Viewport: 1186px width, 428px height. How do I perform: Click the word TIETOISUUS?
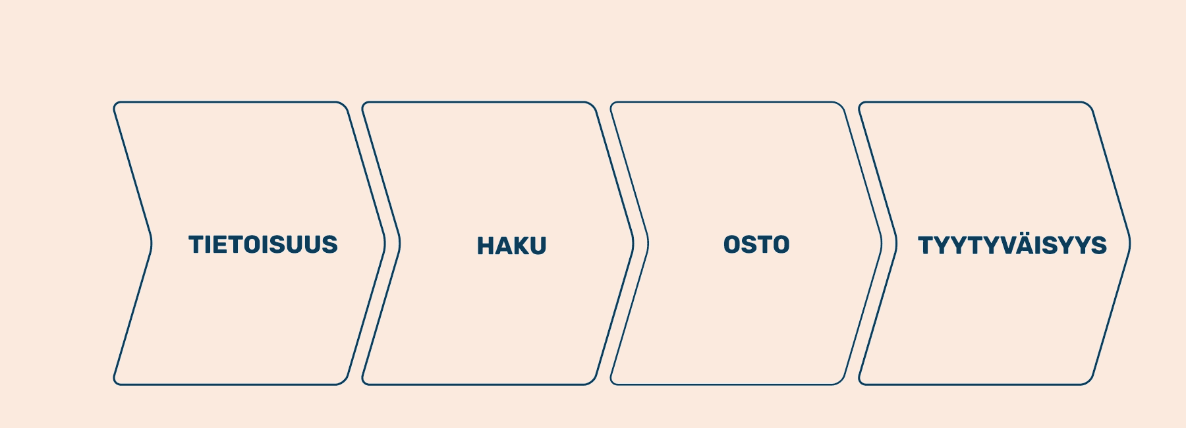[x=263, y=244]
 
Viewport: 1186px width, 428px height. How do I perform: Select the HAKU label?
[x=512, y=246]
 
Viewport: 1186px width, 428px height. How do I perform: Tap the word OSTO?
[x=756, y=244]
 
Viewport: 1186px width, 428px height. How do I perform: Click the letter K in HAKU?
[x=521, y=246]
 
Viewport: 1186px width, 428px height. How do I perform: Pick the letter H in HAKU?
[x=486, y=246]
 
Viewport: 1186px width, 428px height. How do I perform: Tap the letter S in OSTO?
[x=749, y=244]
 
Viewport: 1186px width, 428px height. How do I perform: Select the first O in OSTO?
[x=731, y=244]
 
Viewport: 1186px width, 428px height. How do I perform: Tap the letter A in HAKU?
[x=503, y=246]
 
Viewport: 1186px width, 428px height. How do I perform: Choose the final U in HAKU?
[x=538, y=246]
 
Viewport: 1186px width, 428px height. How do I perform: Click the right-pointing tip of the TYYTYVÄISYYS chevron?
[x=1131, y=243]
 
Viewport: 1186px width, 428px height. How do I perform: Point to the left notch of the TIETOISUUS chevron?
[x=152, y=243]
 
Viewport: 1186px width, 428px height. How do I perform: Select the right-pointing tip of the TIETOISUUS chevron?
[x=385, y=243]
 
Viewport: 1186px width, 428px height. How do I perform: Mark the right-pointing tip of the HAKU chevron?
[x=634, y=243]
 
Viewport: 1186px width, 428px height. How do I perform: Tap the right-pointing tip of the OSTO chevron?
[x=882, y=243]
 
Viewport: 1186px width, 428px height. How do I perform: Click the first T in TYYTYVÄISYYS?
[x=926, y=246]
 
